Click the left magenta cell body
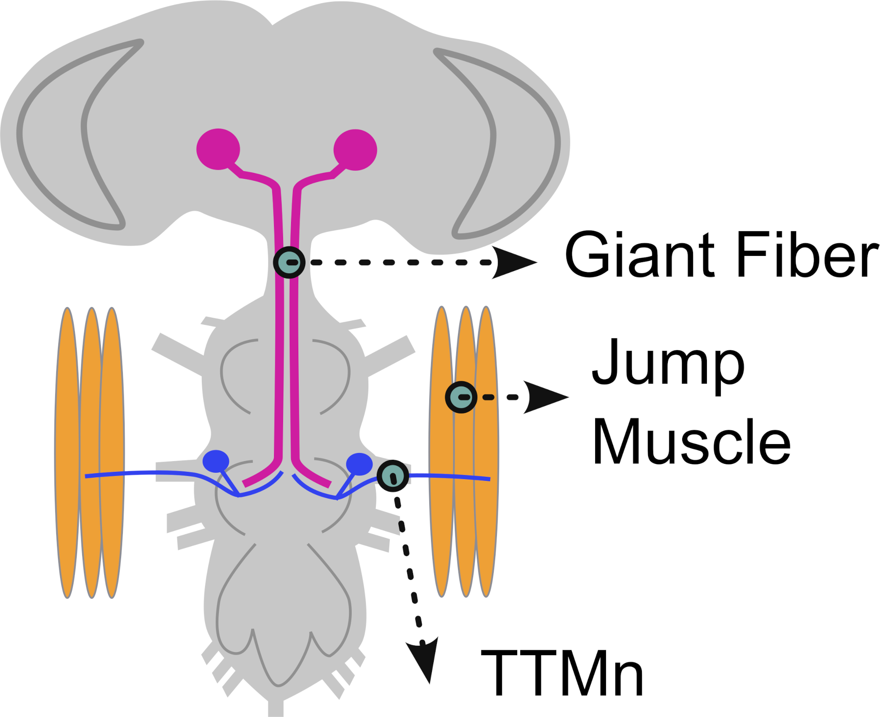[x=218, y=149]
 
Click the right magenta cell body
[x=355, y=150]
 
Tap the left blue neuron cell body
[x=216, y=461]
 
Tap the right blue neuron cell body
[x=359, y=463]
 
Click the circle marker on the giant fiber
[x=289, y=262]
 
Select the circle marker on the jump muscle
[x=461, y=397]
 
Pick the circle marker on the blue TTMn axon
[x=392, y=475]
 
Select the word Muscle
[x=691, y=441]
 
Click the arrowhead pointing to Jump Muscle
[x=545, y=397]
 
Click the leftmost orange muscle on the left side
[x=67, y=453]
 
